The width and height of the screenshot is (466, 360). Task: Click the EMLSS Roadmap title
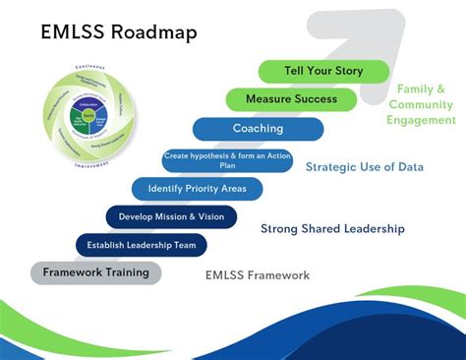[119, 31]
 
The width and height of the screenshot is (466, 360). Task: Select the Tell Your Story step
[323, 71]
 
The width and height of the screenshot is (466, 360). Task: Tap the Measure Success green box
[292, 99]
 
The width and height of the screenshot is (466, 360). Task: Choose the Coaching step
[258, 129]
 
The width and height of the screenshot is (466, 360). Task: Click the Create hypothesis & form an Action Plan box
[227, 160]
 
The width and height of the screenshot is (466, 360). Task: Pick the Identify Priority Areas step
[198, 188]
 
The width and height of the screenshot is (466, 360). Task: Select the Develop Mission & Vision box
[171, 216]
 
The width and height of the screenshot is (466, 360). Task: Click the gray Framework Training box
[95, 272]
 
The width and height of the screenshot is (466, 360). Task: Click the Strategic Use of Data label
[364, 167]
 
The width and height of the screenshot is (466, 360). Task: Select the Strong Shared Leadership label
[332, 229]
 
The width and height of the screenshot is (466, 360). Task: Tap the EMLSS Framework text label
[258, 275]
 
